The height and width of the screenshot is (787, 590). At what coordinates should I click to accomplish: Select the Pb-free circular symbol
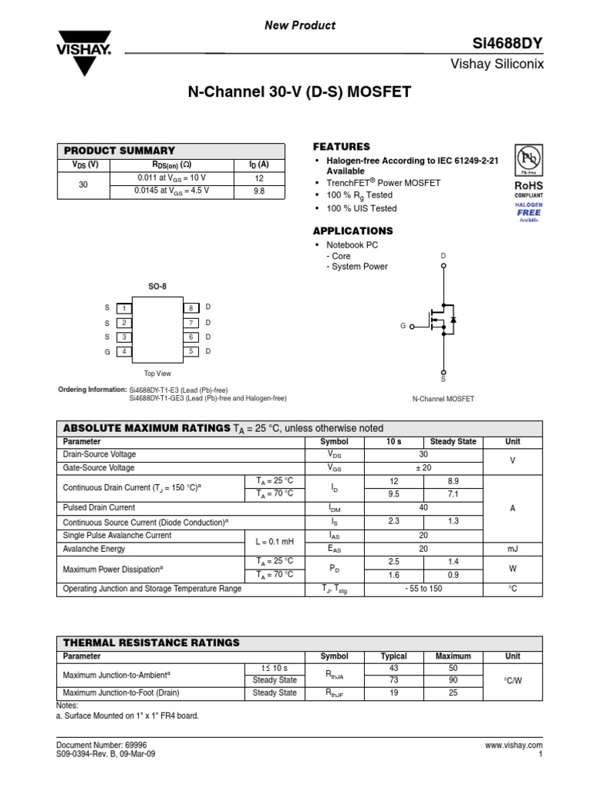coord(529,159)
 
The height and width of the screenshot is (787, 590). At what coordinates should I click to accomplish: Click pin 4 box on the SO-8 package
coord(123,351)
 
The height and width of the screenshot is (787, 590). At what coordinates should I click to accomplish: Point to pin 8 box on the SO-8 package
coord(191,307)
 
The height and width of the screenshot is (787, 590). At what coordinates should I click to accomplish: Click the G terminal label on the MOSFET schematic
coord(403,326)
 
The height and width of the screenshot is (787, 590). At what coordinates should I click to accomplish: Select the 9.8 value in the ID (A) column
coord(258,191)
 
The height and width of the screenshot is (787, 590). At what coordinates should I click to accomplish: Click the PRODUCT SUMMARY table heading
coord(119,151)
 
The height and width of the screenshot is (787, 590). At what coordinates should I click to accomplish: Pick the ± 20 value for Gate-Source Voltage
coord(423,467)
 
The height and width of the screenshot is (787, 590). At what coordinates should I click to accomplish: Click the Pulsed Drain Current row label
coord(99,508)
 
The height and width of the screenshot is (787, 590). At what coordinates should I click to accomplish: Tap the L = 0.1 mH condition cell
coord(274,542)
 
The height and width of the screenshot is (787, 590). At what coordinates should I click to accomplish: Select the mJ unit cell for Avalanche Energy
coord(512,549)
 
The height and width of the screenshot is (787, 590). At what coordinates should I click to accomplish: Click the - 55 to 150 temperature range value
coord(423,589)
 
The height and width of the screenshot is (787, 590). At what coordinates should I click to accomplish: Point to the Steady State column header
coord(453,442)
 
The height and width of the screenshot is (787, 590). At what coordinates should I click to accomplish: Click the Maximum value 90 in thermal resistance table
coord(453,680)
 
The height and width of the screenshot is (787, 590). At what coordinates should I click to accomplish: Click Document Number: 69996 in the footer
coord(95,745)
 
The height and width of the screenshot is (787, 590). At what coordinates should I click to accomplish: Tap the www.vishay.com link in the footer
coord(514,745)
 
